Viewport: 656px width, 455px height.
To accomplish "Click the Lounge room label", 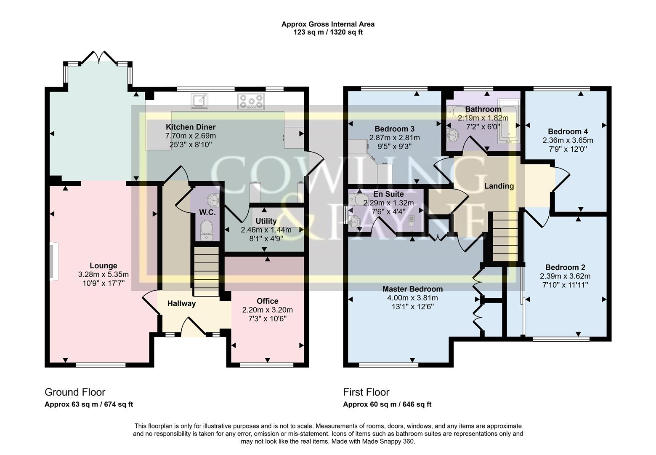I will pos(103,265).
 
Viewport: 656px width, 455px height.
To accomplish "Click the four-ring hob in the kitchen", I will pos(251,102).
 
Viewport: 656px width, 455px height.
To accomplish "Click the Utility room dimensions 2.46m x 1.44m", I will pos(266,230).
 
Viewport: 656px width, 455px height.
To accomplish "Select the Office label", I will pos(267,301).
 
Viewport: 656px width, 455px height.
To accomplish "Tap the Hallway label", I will pos(181,303).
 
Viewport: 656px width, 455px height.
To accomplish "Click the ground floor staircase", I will pos(206,271).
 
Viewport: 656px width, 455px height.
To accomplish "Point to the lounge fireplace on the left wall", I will pos(52,261).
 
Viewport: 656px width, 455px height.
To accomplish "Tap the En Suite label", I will pos(389,194).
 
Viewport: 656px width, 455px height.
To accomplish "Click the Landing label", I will pos(499,186).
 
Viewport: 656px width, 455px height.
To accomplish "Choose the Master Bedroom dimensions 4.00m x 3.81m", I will pos(412,298).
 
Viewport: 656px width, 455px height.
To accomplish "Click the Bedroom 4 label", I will pos(568,131).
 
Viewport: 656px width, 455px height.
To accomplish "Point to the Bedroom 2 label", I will pos(565,267).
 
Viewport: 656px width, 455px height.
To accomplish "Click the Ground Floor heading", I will pos(75,392).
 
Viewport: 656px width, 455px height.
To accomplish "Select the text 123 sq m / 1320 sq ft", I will pos(328,32).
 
